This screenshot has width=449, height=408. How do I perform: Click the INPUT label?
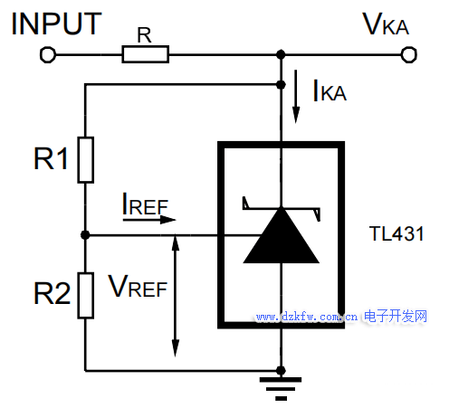point(56,24)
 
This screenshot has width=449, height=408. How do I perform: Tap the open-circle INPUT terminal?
point(48,55)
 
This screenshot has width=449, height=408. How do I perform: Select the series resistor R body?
point(146,54)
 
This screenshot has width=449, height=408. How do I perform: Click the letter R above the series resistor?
point(144,35)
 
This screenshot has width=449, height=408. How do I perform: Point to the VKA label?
point(386,24)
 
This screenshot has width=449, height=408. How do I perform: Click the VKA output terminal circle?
point(409,55)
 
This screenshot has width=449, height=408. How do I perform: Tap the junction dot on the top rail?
point(281,54)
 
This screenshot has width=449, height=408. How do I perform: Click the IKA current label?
point(330,90)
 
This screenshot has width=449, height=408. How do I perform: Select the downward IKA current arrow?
point(296,97)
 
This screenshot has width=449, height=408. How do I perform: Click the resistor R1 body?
point(86,160)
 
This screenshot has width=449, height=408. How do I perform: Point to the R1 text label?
point(51,158)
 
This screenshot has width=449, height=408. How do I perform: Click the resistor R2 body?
point(86,296)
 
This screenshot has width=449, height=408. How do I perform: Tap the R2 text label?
point(52,293)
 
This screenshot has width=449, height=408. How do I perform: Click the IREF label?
point(145,204)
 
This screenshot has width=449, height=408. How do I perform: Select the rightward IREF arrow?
point(149,220)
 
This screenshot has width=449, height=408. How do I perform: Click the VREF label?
point(138,286)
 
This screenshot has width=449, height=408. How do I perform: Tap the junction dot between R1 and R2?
point(85,234)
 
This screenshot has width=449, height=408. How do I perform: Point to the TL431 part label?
point(396,233)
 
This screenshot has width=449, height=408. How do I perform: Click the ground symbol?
point(281,389)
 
